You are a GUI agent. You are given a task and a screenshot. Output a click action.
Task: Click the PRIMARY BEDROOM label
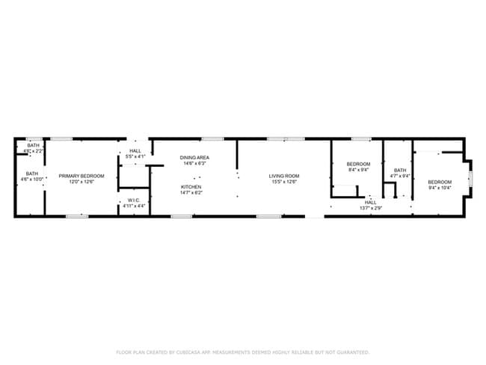81,176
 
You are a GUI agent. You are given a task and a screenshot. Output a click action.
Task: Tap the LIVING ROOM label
283,176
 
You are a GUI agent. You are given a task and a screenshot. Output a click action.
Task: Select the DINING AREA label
194,158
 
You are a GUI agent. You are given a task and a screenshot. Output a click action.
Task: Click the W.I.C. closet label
134,200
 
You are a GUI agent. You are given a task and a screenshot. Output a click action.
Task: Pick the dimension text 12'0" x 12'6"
81,182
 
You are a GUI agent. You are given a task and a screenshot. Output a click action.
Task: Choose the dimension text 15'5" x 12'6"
283,182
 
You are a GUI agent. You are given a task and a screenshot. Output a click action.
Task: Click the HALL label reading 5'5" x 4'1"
135,151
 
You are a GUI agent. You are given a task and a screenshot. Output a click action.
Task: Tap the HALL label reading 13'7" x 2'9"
371,202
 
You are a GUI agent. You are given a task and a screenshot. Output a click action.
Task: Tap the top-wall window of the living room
280,138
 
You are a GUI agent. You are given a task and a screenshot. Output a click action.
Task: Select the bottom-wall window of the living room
268,216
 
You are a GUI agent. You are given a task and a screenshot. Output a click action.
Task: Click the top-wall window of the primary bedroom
61,138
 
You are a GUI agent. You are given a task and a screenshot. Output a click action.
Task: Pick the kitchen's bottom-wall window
182,216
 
